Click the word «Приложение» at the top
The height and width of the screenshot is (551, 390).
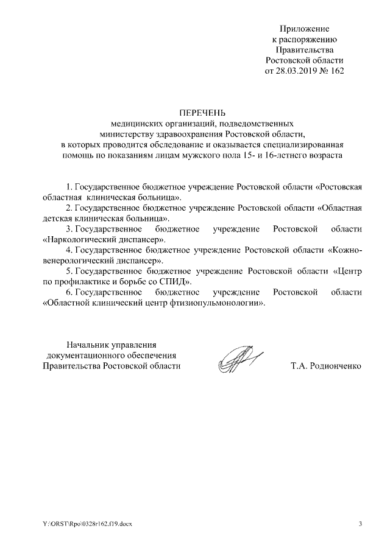[x=305, y=29]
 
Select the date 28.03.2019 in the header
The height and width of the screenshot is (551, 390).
[x=297, y=71]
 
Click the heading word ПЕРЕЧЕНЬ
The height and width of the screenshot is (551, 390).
[x=202, y=113]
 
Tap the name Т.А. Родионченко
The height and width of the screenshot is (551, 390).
[x=327, y=366]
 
